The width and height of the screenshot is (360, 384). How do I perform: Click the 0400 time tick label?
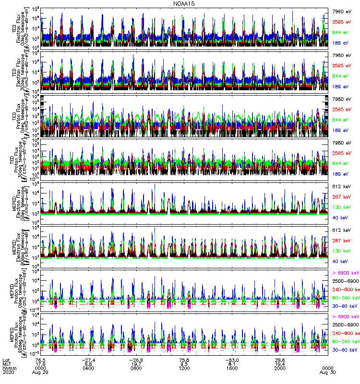pyautogui.click(x=87, y=368)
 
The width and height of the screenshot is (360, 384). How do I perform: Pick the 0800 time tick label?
pyautogui.click(x=135, y=368)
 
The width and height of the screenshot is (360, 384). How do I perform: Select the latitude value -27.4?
pyautogui.click(x=87, y=359)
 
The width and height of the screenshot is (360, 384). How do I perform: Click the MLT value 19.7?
pyautogui.click(x=135, y=363)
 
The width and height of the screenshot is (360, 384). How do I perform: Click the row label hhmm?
pyautogui.click(x=9, y=368)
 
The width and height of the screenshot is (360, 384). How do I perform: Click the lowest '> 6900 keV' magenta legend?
pyautogui.click(x=345, y=317)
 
